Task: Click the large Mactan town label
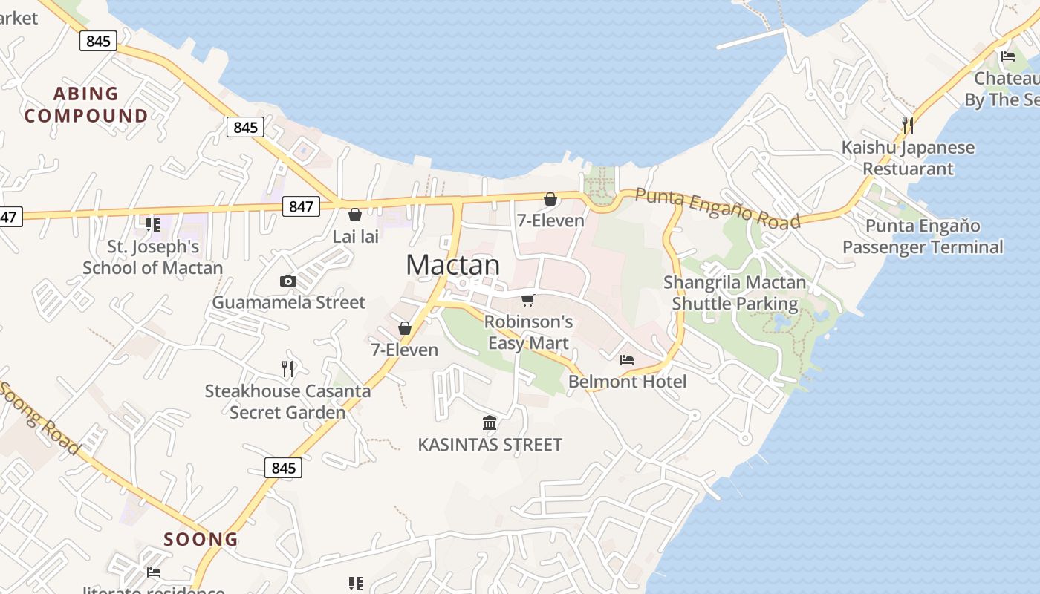453,265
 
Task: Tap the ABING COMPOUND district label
86,105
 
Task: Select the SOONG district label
201,539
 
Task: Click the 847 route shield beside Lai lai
301,206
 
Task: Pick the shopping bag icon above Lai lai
355,215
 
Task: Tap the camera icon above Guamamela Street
288,281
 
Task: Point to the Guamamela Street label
289,302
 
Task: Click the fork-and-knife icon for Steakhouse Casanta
287,368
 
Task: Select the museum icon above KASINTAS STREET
490,423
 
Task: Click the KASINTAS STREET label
490,445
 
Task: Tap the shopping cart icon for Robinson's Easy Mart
528,300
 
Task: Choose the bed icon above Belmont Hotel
627,360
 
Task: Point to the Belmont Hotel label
628,382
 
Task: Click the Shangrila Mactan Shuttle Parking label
735,293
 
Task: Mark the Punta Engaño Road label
718,209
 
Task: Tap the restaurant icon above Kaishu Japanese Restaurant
907,125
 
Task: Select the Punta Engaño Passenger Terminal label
923,236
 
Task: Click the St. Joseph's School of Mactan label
153,257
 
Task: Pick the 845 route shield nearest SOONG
284,468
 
